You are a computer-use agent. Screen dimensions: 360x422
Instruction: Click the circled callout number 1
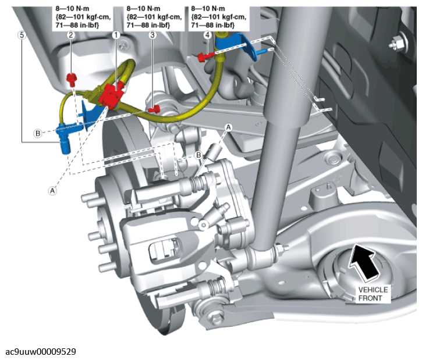pos(116,35)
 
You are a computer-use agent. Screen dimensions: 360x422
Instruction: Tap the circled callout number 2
pos(70,35)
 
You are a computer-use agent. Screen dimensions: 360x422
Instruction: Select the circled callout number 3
pos(153,35)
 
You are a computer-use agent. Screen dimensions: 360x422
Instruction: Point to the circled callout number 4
pos(207,35)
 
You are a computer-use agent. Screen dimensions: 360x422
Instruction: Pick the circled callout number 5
pos(22,35)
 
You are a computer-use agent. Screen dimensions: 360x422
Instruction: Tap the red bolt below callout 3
pos(154,109)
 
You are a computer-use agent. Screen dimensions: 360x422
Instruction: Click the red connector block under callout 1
pos(110,95)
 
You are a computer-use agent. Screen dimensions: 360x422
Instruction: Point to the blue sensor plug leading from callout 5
pos(63,137)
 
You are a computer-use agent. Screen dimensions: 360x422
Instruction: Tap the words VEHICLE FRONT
pos(373,294)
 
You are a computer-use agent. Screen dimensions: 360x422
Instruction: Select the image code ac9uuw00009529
pos(41,351)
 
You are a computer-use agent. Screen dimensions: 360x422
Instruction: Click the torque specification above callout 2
pos(81,17)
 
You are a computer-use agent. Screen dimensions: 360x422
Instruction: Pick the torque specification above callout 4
pos(219,17)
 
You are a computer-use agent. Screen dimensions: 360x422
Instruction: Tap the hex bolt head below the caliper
pos(217,319)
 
